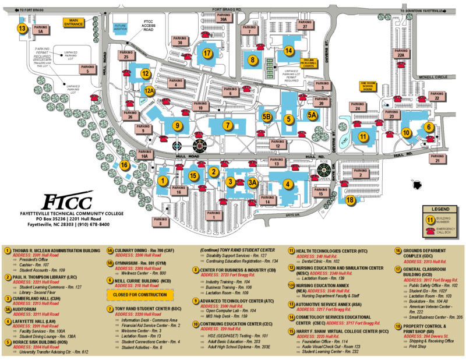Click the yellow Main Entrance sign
pos(73,22)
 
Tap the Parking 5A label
pos(40,30)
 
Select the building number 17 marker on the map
pos(207,53)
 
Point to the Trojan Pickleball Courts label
pos(308,62)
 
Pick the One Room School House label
pos(367,86)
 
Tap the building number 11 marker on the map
pos(362,137)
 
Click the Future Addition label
pos(121,29)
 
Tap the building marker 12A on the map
pos(150,90)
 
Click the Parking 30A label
pos(221,17)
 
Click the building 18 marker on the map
pos(350,200)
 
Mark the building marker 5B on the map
pos(267,117)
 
